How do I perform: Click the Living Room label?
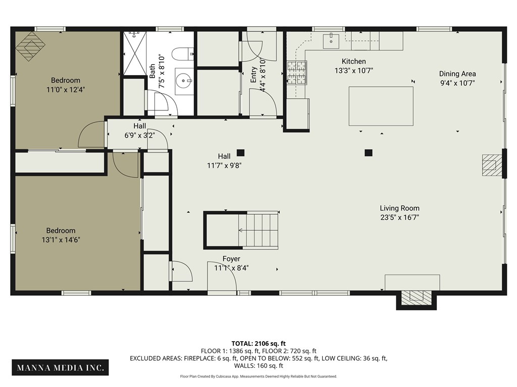coord(399,208)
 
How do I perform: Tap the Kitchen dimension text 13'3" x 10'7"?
coord(353,71)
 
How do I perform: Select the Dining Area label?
coord(457,74)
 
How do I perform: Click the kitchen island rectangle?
coord(381,106)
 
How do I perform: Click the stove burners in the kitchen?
coord(297,73)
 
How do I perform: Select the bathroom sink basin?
coord(185,80)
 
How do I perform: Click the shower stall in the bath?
coord(134,53)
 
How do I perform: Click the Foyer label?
coord(231,259)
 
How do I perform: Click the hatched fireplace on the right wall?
coord(491,165)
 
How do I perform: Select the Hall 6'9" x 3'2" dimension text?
coord(140,135)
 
